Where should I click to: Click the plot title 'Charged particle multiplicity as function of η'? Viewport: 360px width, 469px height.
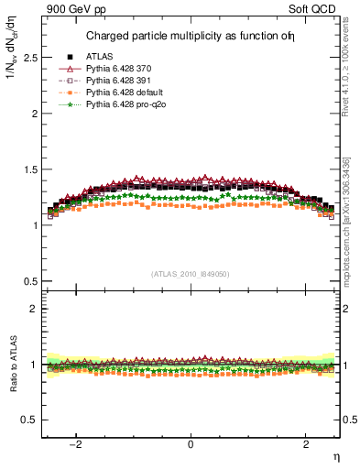[191, 37]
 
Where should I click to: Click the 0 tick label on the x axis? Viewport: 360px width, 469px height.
[191, 444]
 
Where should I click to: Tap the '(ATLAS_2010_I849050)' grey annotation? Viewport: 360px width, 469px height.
[191, 274]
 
